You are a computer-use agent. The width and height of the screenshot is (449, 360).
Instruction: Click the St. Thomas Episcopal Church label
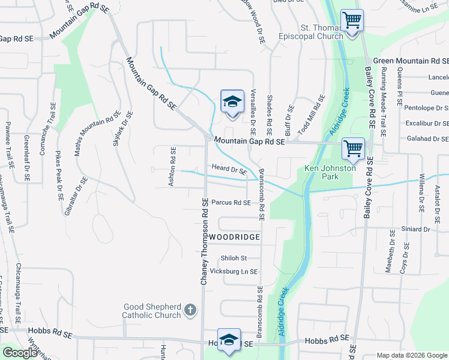(322, 32)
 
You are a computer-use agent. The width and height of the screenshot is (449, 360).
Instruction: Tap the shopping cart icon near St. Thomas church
(352, 20)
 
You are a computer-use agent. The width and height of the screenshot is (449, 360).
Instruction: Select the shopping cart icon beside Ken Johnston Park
(353, 148)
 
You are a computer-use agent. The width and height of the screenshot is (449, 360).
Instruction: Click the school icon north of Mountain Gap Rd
(232, 101)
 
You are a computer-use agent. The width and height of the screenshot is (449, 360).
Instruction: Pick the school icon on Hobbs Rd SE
(228, 340)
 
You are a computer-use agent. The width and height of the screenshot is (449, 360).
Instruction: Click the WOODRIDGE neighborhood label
(235, 237)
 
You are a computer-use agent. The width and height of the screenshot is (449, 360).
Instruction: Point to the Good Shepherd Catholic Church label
(151, 311)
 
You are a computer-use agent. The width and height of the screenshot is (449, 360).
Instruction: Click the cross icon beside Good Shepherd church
(190, 310)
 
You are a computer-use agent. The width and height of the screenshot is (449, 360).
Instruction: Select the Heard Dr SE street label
(228, 170)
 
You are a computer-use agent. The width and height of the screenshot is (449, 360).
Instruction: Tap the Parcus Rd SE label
(231, 203)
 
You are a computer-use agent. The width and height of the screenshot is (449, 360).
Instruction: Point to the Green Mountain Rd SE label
(411, 61)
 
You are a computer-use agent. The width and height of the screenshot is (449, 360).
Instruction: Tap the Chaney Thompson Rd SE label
(203, 243)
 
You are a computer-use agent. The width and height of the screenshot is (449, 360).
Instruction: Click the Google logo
(20, 353)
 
